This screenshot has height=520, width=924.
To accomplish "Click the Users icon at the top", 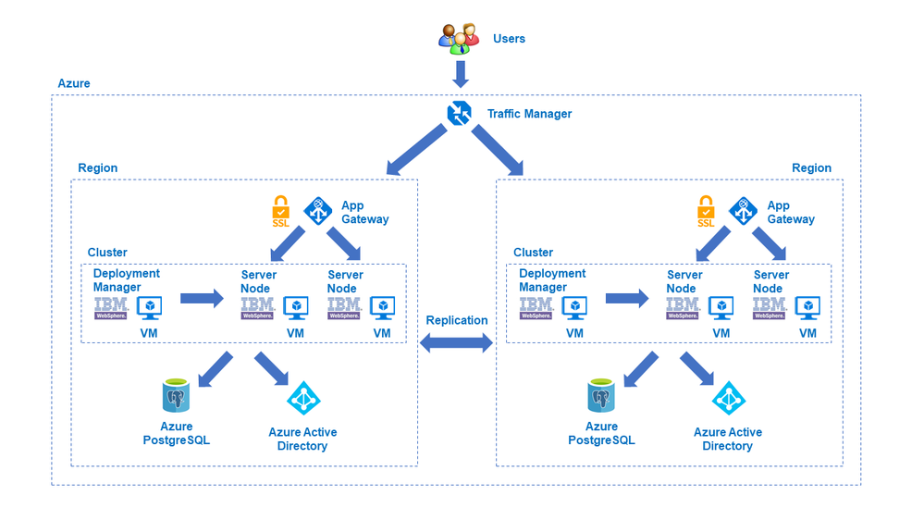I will click(459, 37).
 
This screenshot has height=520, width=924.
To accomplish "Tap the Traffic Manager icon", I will click(460, 114).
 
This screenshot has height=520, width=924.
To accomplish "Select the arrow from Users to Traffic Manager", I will click(460, 72).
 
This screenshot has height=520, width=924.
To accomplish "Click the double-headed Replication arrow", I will click(457, 343).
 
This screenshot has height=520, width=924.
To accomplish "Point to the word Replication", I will click(457, 320).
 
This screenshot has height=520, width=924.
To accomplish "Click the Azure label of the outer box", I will click(74, 83).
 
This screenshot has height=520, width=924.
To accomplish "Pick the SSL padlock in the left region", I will click(281, 212).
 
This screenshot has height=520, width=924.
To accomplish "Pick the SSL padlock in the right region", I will click(707, 212).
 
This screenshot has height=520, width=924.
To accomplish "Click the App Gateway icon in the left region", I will click(318, 212).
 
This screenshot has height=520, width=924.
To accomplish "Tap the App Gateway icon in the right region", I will click(744, 212).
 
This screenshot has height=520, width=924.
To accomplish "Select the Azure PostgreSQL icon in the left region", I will click(176, 395).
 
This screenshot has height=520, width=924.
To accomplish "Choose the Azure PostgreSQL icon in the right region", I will click(601, 395).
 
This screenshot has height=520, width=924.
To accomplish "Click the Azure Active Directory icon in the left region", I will click(302, 398).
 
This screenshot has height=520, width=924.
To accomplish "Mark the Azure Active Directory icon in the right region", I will click(728, 398).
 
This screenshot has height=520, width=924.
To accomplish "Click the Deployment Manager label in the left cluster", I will click(127, 280).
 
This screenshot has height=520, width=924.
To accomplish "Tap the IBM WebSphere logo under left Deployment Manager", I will click(111, 308).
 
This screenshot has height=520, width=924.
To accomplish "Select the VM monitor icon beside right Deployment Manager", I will click(575, 307).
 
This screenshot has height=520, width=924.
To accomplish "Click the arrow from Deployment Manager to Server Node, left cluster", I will click(202, 298).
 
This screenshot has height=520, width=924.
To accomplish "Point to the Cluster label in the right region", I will click(533, 253).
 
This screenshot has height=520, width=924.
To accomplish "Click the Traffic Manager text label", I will click(529, 114).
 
